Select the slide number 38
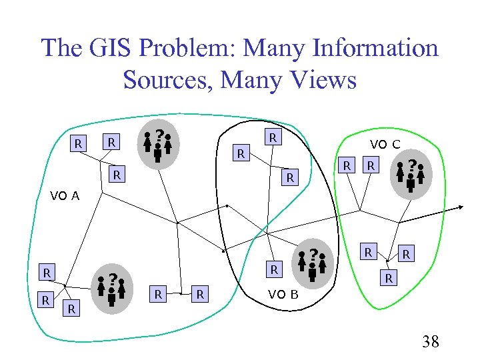(431, 342)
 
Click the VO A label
(65, 196)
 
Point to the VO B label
(283, 294)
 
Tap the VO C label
(385, 145)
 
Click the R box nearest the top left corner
(79, 143)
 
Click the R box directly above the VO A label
(117, 175)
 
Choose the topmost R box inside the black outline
(272, 138)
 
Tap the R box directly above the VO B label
(272, 270)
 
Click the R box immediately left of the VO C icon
(373, 164)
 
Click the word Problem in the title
(184, 48)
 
